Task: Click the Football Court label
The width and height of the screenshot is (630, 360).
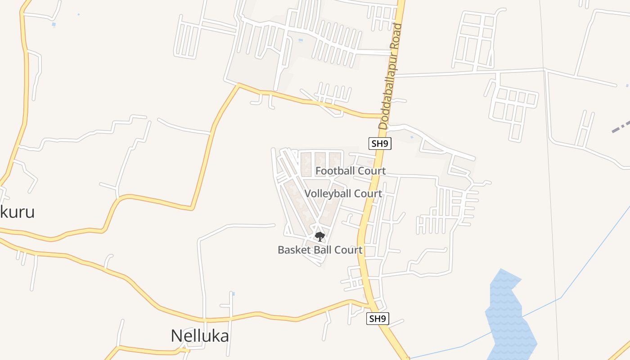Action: click(x=350, y=171)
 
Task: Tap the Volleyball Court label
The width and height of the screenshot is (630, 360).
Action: click(x=343, y=193)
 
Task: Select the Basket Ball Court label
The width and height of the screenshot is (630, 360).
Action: click(x=320, y=250)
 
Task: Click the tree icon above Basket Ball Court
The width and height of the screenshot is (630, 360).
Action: click(x=319, y=236)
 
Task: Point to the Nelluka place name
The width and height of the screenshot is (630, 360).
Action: click(x=200, y=336)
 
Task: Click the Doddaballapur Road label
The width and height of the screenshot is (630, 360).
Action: click(x=390, y=76)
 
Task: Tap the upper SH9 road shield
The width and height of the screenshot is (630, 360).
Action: click(x=379, y=144)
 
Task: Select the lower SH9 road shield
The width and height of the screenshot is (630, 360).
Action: click(x=377, y=319)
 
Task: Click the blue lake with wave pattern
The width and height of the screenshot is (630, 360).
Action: click(x=510, y=315)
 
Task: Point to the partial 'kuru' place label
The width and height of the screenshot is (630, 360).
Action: click(x=17, y=211)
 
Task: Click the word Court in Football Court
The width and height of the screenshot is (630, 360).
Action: click(x=370, y=171)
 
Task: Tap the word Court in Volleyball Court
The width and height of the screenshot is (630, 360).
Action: click(x=367, y=193)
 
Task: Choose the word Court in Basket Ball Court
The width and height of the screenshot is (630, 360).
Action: click(x=347, y=250)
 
